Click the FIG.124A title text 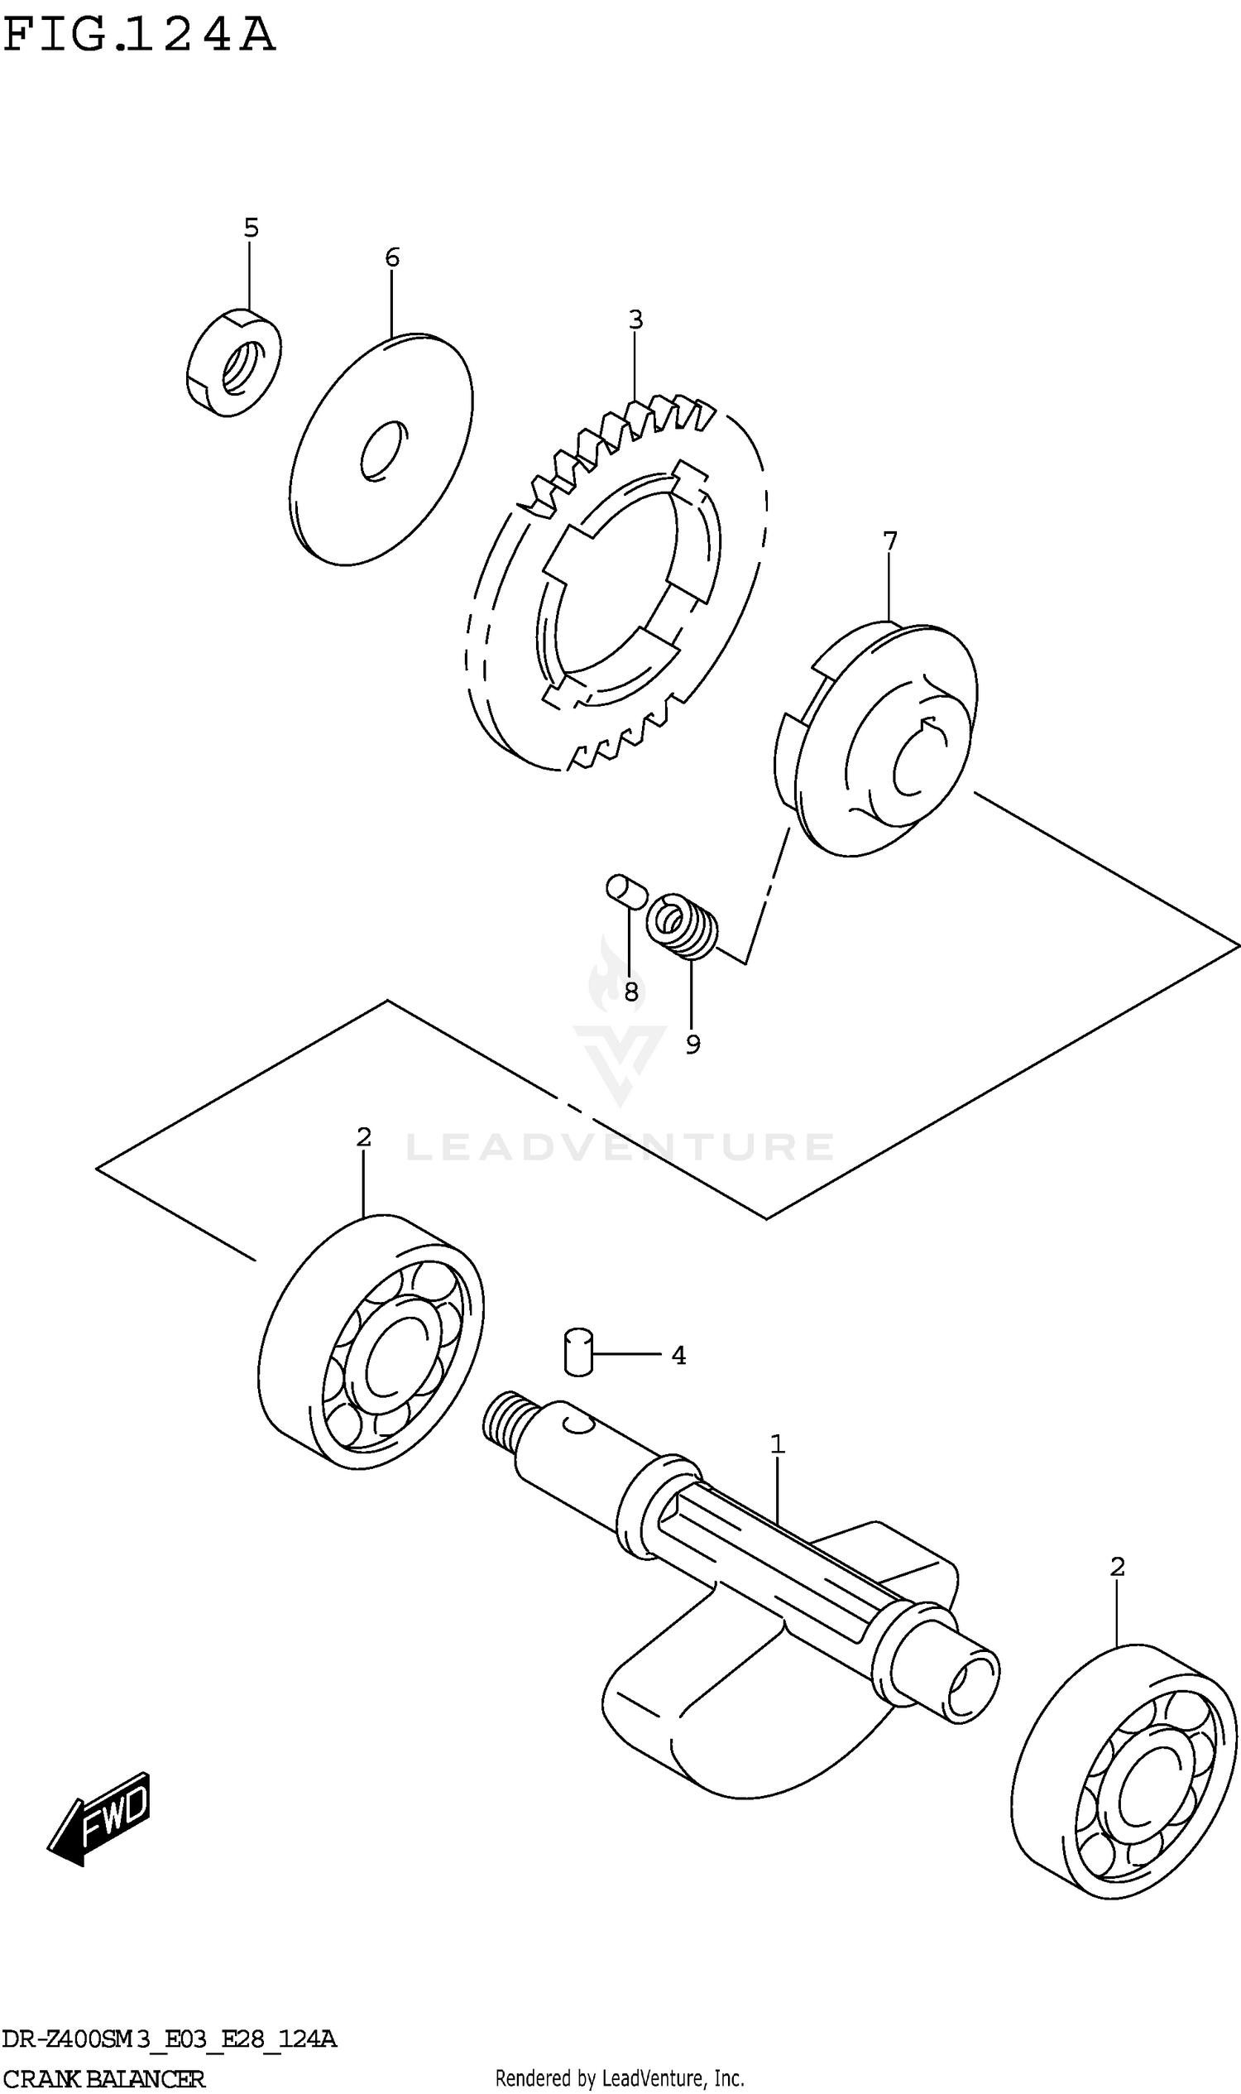[x=139, y=36]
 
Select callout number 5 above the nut [x=251, y=228]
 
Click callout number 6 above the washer [x=392, y=257]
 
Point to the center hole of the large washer [x=384, y=452]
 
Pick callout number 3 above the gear [x=635, y=319]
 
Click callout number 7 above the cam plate [x=889, y=541]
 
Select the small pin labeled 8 [x=625, y=891]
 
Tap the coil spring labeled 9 [x=683, y=925]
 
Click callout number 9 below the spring [x=692, y=1044]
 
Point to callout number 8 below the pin [x=631, y=992]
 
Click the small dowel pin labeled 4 [x=577, y=1351]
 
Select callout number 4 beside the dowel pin [x=678, y=1355]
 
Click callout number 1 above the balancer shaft [x=777, y=1444]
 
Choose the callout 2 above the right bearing [x=1117, y=1566]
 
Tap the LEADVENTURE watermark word [x=620, y=1147]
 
